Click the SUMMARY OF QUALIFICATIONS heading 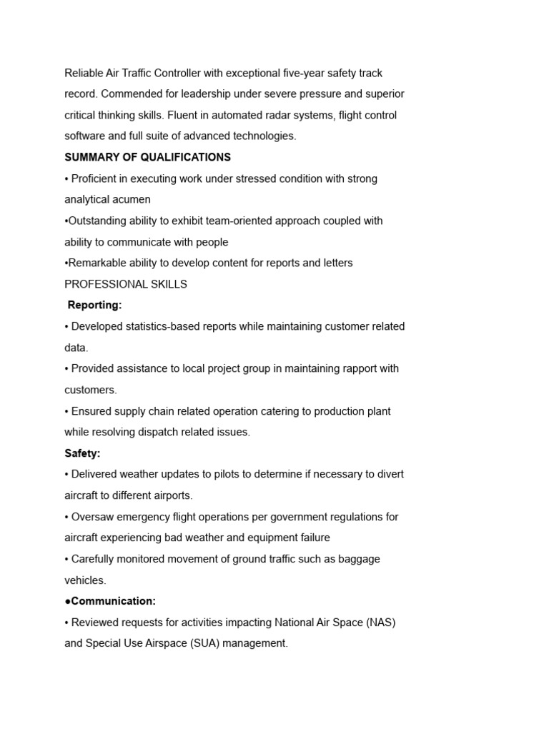point(147,157)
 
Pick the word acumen point(129,200)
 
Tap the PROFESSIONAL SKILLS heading point(126,284)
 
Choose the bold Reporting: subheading point(94,306)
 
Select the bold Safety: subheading point(82,453)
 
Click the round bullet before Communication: point(68,601)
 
